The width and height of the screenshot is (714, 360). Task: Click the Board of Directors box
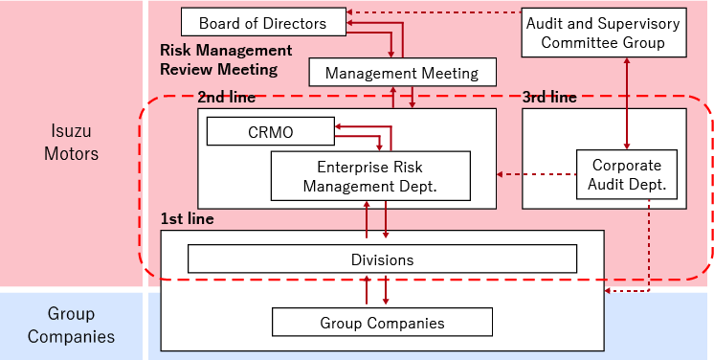(262, 22)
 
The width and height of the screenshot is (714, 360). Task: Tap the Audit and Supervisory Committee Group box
(602, 34)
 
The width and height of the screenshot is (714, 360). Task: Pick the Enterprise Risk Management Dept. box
(369, 175)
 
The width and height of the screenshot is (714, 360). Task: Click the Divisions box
(382, 259)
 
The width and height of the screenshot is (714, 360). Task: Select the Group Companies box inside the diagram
(382, 323)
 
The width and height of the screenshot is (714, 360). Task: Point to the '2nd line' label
(226, 98)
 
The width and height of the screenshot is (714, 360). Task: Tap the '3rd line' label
(549, 98)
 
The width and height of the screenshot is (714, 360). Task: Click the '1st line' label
(188, 219)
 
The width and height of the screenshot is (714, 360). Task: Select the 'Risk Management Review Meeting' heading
(225, 59)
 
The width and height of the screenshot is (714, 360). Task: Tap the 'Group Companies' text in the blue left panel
(72, 326)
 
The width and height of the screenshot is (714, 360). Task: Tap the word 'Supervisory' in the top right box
(641, 22)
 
